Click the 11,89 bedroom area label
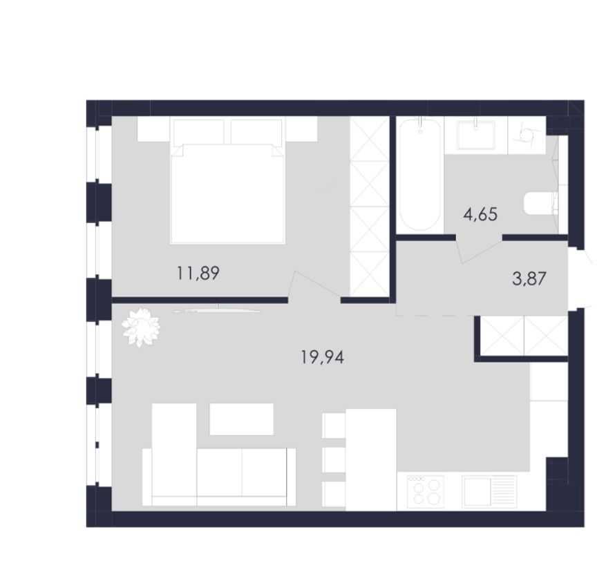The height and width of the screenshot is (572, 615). [x=198, y=274]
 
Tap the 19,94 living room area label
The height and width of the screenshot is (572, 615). [x=323, y=357]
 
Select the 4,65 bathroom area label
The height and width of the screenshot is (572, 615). [x=480, y=214]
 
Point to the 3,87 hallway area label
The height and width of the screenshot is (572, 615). [x=529, y=279]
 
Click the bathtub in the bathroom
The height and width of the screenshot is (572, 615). [x=419, y=174]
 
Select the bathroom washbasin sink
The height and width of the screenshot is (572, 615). [x=476, y=133]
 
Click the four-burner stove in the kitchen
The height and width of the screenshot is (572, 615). [x=426, y=492]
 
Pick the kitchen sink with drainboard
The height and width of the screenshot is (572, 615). [x=489, y=492]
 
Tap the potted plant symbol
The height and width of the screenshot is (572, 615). [x=140, y=327]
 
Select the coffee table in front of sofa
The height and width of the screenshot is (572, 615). [x=241, y=419]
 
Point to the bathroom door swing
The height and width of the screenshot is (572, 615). [x=480, y=249]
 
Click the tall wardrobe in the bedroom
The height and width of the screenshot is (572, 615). [x=369, y=207]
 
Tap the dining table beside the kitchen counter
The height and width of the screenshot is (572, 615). [x=370, y=460]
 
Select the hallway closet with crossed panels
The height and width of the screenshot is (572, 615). [x=524, y=336]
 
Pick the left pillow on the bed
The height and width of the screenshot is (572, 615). [x=199, y=132]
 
